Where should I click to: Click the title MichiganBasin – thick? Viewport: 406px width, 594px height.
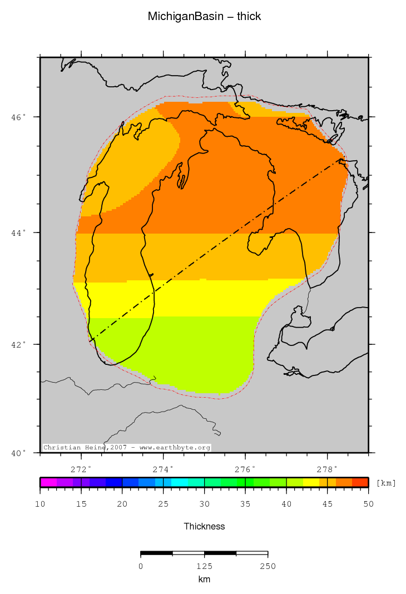(x=204, y=17)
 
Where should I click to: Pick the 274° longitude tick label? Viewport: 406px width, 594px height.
(x=164, y=468)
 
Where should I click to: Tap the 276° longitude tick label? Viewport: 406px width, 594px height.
(x=245, y=468)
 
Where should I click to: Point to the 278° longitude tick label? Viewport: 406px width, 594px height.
(x=327, y=468)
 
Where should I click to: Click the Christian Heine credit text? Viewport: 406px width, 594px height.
(x=127, y=447)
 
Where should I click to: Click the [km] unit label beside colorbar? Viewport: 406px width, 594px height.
(x=386, y=483)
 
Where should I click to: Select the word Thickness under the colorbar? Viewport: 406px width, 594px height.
(x=204, y=526)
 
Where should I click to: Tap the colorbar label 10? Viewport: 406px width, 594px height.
(x=40, y=504)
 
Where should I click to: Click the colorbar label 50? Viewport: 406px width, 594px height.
(x=368, y=504)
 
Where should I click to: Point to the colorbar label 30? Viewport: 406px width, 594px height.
(x=204, y=504)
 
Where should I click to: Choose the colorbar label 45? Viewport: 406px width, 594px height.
(x=327, y=504)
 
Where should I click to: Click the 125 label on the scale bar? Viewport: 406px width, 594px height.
(x=204, y=566)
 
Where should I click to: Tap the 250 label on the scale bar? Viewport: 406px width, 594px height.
(x=268, y=566)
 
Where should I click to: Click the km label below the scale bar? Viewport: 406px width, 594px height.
(x=204, y=580)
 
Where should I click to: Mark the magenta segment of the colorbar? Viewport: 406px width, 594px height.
(x=48, y=482)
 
